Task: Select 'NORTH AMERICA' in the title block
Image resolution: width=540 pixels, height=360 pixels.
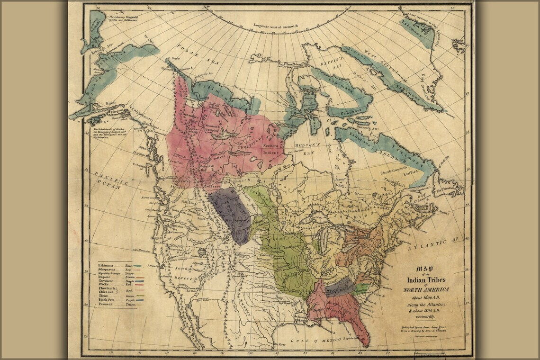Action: (426, 289)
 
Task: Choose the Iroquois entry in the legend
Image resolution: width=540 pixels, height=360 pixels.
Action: (106, 278)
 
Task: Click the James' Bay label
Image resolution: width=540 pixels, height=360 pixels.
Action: (339, 183)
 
